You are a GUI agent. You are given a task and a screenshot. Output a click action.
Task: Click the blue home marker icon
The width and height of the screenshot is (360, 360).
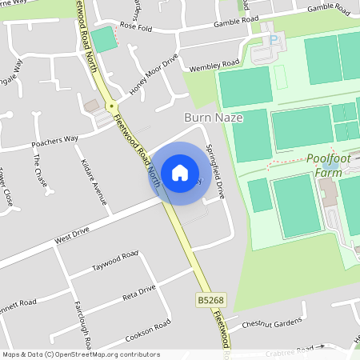[x=180, y=173]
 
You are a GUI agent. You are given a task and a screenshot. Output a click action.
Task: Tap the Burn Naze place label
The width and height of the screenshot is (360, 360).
[x=214, y=118]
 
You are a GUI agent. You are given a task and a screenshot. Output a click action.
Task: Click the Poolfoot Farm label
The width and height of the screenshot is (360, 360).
[x=330, y=165]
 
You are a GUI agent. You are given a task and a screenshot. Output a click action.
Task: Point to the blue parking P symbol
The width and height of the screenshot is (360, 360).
[x=273, y=39]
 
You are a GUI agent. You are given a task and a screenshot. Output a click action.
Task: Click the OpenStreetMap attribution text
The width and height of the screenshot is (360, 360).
[x=80, y=354]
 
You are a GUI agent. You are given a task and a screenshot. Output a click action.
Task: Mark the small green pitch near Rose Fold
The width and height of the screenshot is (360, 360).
[x=103, y=38]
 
